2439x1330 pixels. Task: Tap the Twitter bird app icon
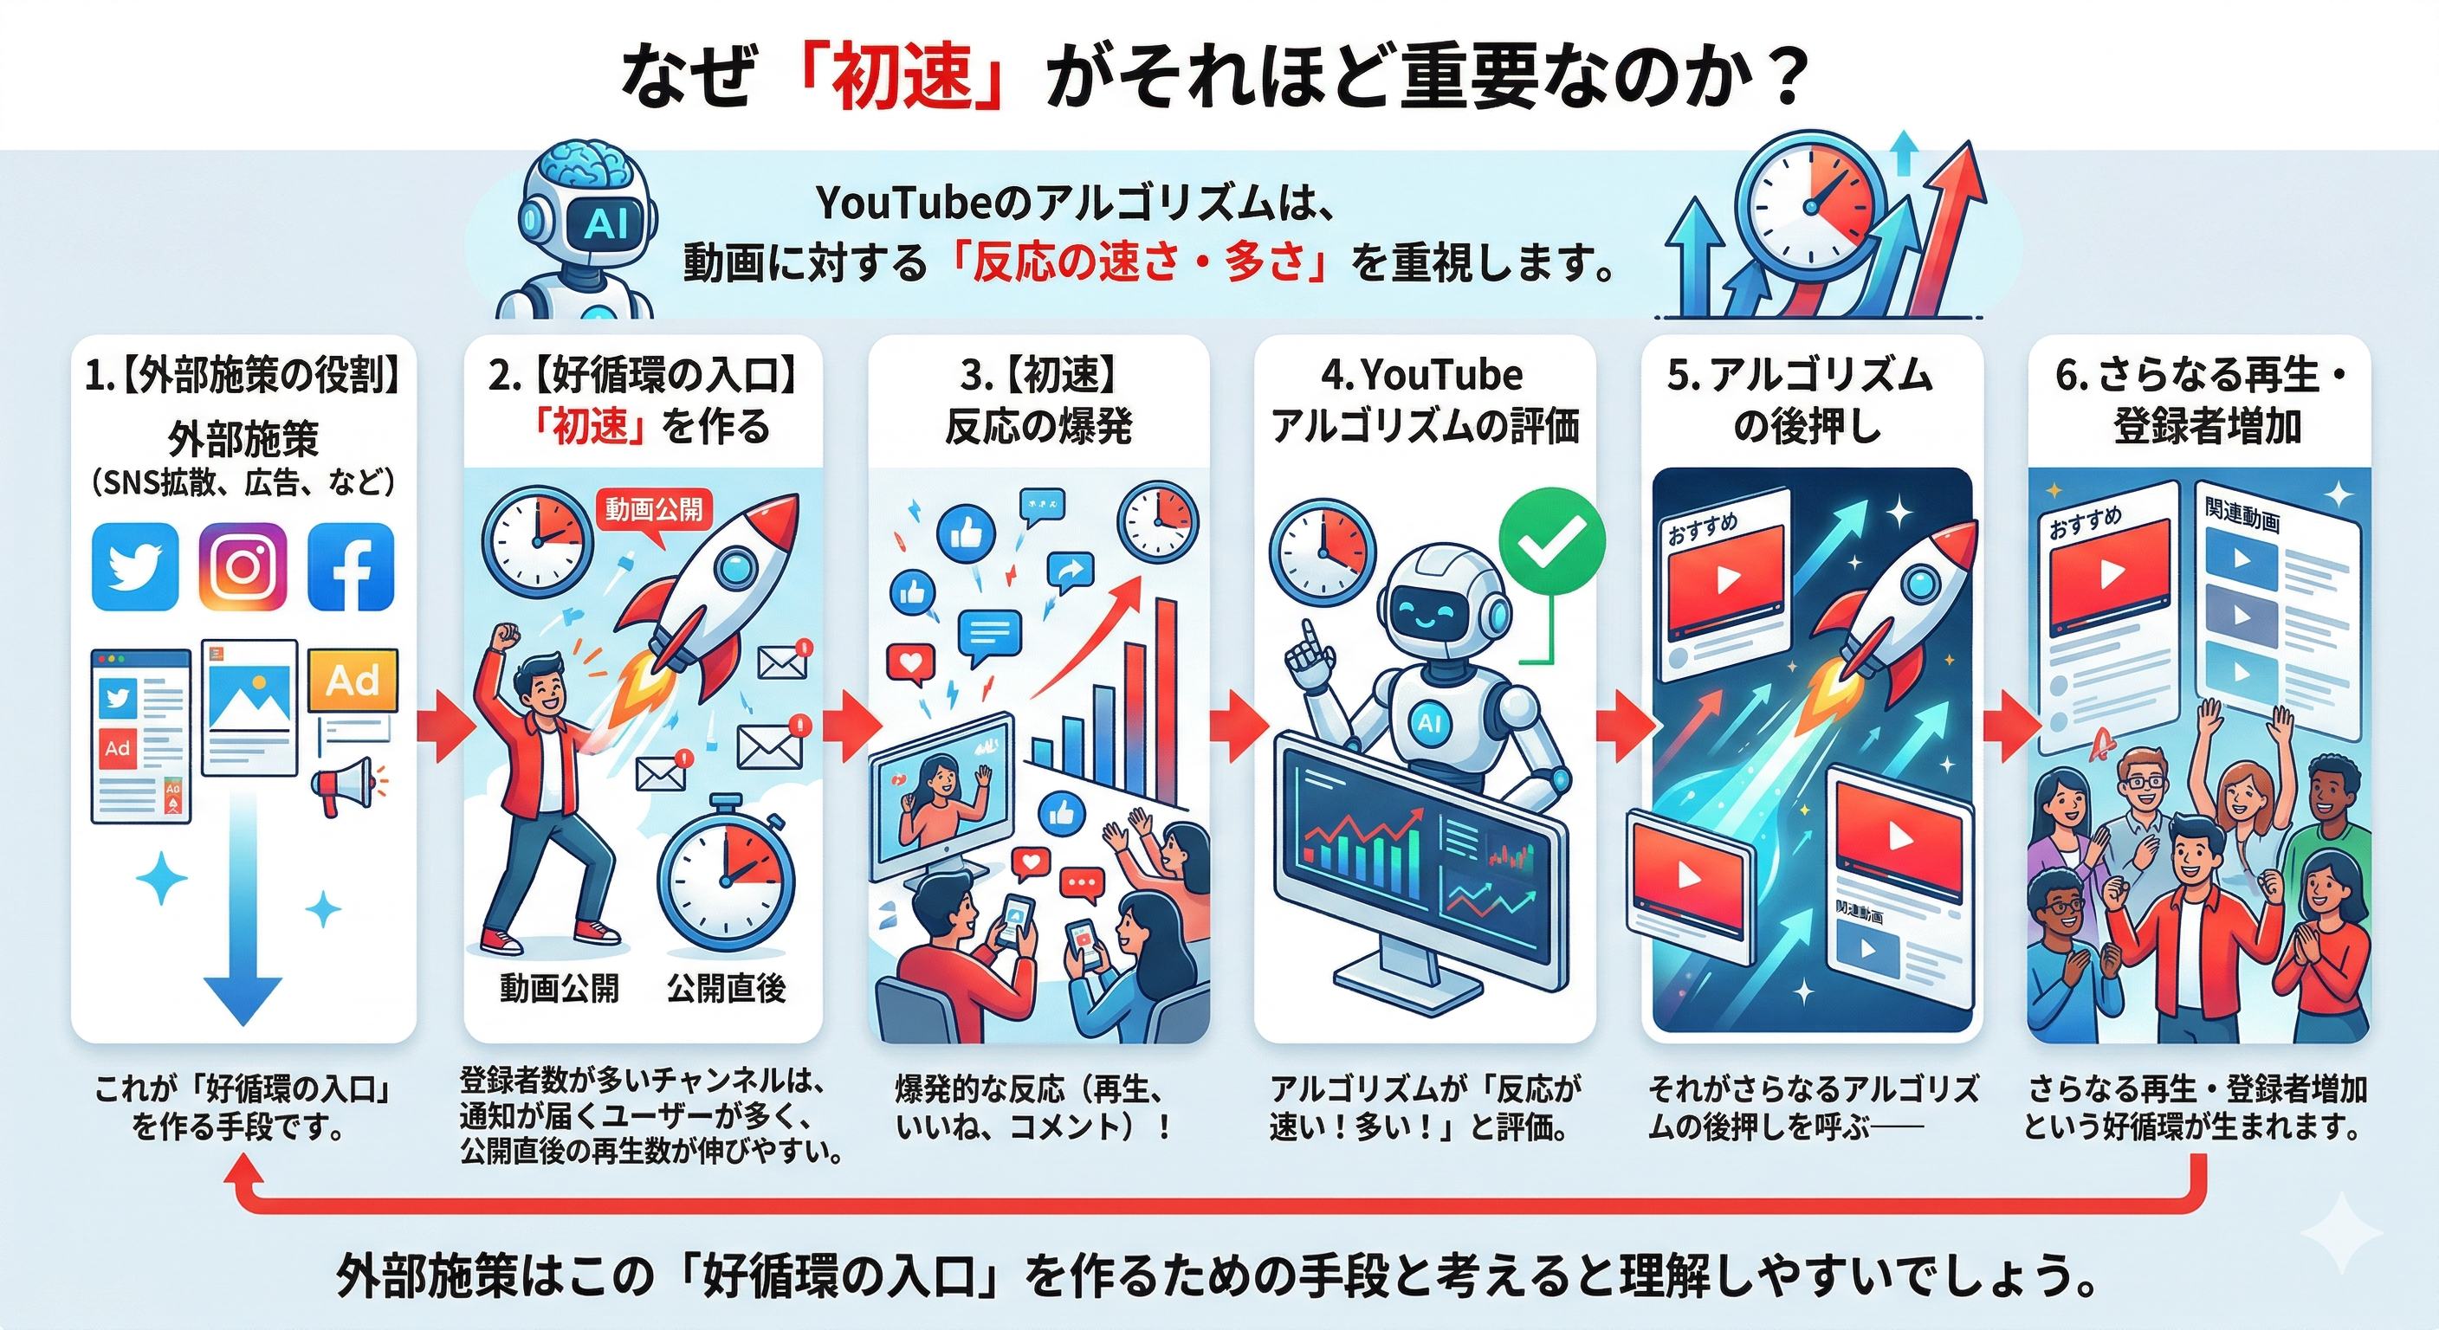pos(134,566)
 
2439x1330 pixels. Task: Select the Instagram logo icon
pos(243,566)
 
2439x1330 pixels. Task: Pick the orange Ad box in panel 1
pos(353,681)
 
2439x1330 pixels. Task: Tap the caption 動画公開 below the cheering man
pos(559,988)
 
